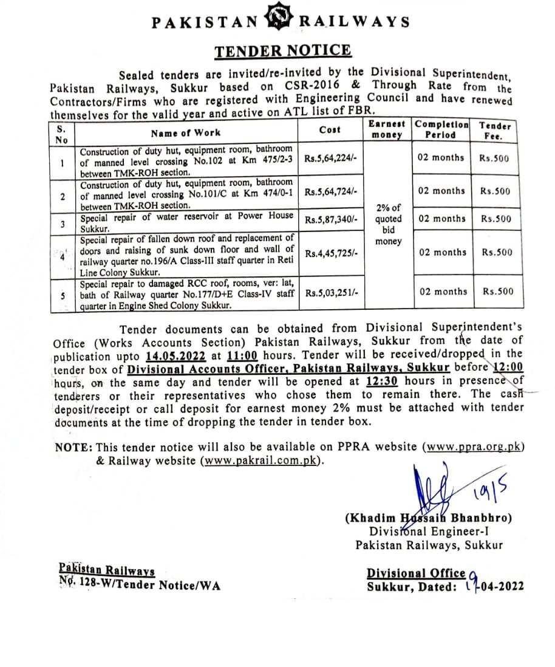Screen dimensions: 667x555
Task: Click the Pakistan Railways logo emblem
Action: [279, 21]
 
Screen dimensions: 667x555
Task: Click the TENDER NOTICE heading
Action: [283, 50]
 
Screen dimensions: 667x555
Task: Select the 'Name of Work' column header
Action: [186, 132]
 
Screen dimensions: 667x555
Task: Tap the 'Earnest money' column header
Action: [388, 129]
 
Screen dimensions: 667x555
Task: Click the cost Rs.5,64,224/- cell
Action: [332, 158]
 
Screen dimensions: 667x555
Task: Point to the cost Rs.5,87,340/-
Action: [332, 219]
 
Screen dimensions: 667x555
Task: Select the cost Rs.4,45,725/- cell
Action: [332, 252]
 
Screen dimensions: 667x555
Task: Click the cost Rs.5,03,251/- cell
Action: [332, 292]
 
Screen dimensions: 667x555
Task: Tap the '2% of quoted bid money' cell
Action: [389, 225]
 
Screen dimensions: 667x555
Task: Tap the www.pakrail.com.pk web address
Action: [261, 460]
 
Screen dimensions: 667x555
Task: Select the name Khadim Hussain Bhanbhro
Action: [429, 518]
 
